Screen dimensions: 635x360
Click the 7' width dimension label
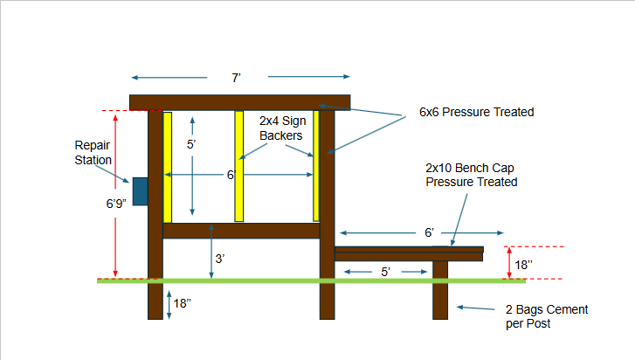click(236, 78)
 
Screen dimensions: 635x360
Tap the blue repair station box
click(140, 191)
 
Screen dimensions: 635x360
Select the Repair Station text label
click(93, 153)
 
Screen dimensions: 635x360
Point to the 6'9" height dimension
click(116, 204)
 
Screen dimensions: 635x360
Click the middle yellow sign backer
click(239, 166)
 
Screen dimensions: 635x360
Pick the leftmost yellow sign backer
click(167, 167)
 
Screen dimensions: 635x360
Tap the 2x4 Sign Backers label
click(282, 128)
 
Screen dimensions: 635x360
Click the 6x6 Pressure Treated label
click(476, 112)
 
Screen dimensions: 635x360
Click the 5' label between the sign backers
click(191, 144)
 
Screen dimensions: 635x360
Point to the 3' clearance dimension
click(220, 259)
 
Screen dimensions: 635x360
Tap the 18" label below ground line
click(182, 303)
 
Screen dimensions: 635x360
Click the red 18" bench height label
click(523, 266)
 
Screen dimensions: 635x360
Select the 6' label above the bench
click(429, 232)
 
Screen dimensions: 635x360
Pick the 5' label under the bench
click(385, 272)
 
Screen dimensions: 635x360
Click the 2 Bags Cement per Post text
click(547, 316)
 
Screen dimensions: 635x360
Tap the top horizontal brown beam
click(239, 102)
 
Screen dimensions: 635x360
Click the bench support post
click(440, 290)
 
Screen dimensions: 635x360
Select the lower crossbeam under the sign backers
click(241, 231)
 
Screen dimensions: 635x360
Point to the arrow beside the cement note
click(475, 308)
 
